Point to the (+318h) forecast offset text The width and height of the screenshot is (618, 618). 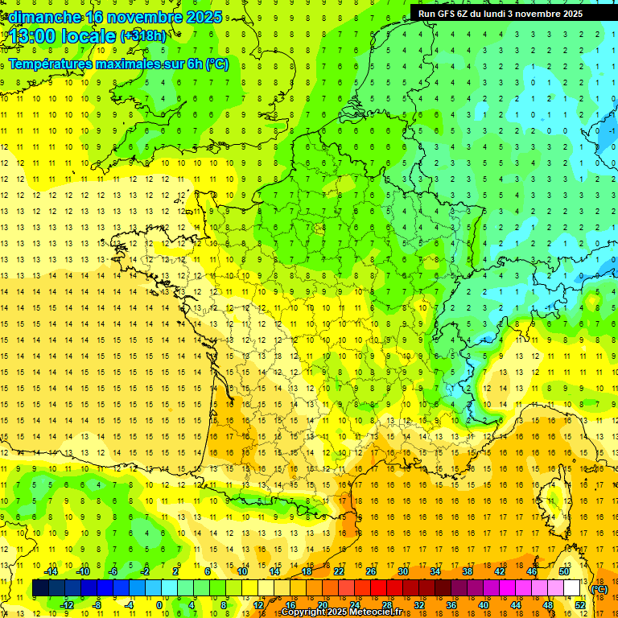point(142,36)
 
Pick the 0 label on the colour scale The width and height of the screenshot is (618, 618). point(159,605)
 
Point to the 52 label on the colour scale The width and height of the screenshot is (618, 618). point(580,605)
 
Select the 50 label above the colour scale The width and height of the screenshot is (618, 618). point(564,571)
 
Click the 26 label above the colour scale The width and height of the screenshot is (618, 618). point(371,571)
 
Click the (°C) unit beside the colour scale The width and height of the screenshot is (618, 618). point(599,589)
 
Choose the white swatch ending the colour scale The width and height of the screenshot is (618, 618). point(572,588)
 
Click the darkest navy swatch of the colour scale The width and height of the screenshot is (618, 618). point(40,588)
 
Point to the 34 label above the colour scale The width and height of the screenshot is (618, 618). point(435,571)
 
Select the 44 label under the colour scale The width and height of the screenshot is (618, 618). point(516,605)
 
